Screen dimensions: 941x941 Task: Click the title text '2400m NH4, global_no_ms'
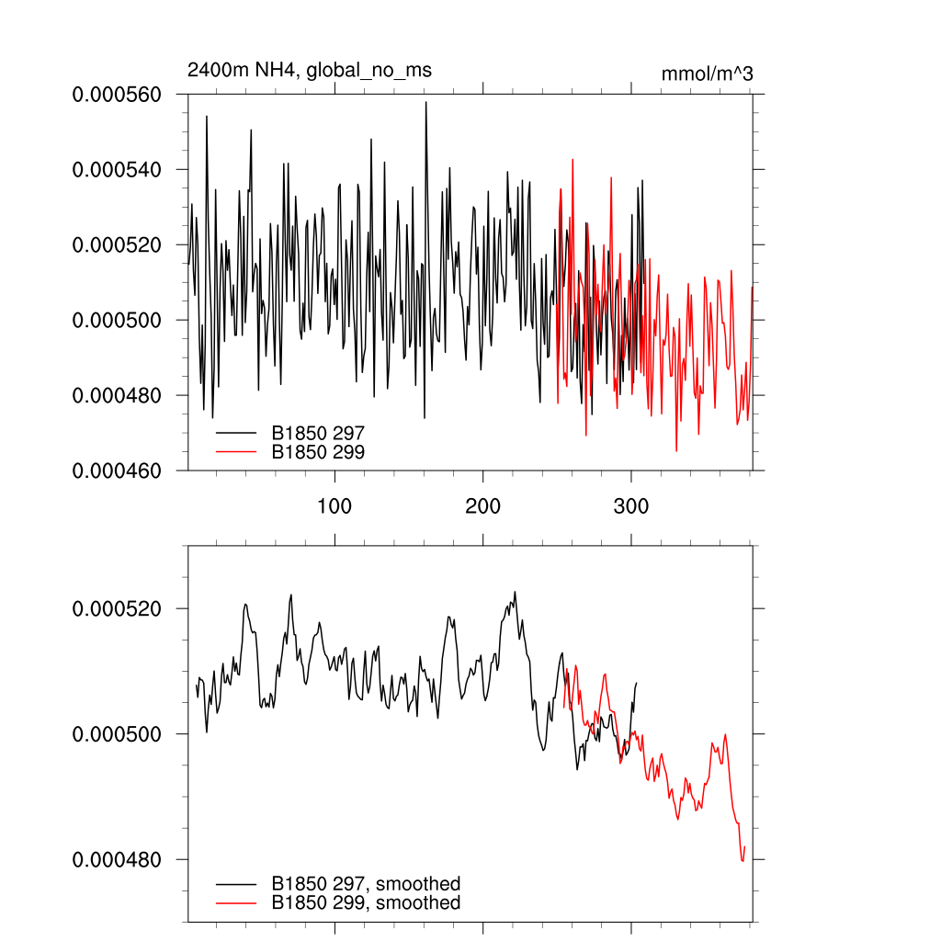coord(309,70)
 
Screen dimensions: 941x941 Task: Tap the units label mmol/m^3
coord(707,74)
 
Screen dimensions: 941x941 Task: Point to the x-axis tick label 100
coord(334,506)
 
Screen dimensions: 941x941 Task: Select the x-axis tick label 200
coord(483,506)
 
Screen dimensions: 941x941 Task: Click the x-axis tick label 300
coord(631,506)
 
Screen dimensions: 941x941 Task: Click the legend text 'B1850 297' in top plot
coord(318,431)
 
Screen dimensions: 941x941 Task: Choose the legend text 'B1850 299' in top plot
coord(318,451)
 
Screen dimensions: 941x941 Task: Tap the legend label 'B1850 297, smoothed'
coord(366,884)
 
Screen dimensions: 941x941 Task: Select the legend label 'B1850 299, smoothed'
coord(366,903)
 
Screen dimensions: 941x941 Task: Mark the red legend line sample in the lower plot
coord(236,903)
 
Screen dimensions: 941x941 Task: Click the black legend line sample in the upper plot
coord(236,431)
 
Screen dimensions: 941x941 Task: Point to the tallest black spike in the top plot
coord(425,103)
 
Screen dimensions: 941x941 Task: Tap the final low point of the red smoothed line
coord(743,861)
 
